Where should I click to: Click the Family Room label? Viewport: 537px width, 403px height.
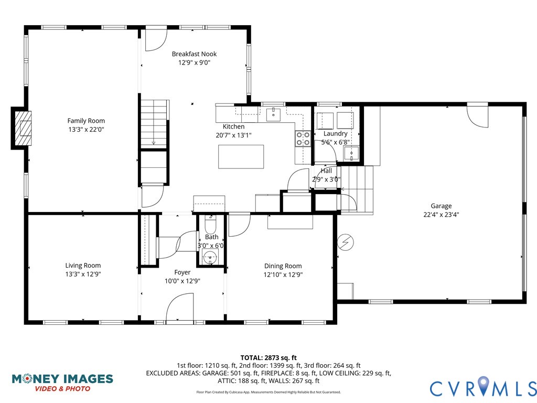pyautogui.click(x=86, y=121)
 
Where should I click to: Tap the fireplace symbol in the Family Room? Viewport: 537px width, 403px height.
pyautogui.click(x=23, y=128)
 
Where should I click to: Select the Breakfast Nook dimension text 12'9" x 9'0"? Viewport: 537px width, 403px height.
pyautogui.click(x=194, y=62)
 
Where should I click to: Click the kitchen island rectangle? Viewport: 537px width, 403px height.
pyautogui.click(x=241, y=157)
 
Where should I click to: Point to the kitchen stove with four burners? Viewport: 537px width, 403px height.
pyautogui.click(x=303, y=138)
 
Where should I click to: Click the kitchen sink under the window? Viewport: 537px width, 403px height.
pyautogui.click(x=273, y=114)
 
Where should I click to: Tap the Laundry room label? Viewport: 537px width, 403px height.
pyautogui.click(x=335, y=134)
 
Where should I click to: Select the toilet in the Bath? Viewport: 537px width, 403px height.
pyautogui.click(x=210, y=226)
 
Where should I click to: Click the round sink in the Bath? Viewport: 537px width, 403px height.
pyautogui.click(x=210, y=258)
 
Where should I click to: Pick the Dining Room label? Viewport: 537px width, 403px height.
pyautogui.click(x=283, y=266)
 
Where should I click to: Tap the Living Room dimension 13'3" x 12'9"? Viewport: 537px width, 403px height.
pyautogui.click(x=83, y=274)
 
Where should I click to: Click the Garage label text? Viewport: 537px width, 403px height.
pyautogui.click(x=441, y=206)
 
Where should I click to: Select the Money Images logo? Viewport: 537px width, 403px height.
pyautogui.click(x=62, y=382)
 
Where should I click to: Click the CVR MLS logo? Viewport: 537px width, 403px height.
pyautogui.click(x=482, y=388)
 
